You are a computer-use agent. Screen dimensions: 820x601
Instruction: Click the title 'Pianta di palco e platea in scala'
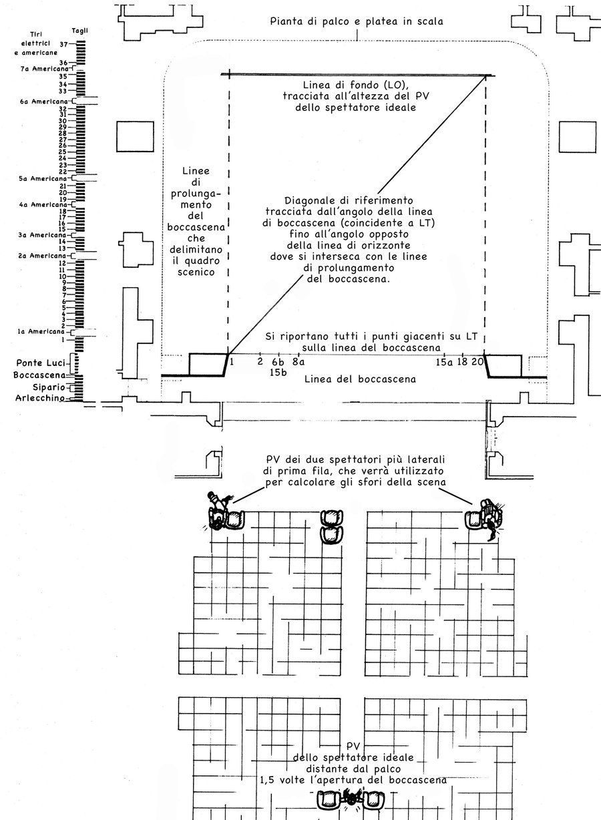(357, 21)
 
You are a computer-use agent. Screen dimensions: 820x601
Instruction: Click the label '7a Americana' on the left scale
(39, 69)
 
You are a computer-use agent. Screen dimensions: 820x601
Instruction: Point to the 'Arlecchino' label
(39, 399)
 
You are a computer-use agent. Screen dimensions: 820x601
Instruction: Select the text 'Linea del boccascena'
(360, 379)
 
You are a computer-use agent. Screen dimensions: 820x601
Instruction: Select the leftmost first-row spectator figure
(218, 510)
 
